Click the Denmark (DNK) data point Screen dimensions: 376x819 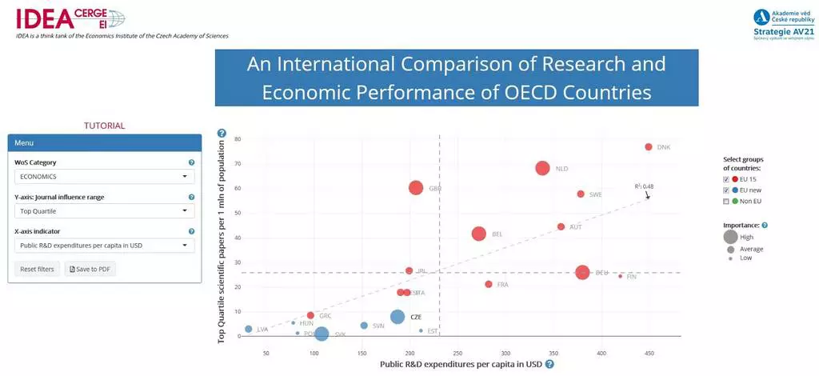(x=649, y=147)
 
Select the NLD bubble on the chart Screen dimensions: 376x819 (x=542, y=168)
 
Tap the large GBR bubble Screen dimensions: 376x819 (x=415, y=188)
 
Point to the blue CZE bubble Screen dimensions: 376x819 (x=398, y=317)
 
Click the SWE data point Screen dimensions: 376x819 (x=581, y=194)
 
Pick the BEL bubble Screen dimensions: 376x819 (x=478, y=234)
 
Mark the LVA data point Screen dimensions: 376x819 (x=249, y=329)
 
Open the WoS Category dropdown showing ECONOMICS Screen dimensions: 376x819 (x=105, y=177)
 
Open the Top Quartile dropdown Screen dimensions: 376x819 (x=105, y=211)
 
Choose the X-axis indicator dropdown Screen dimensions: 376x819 (x=105, y=246)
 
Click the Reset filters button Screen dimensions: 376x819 (x=37, y=269)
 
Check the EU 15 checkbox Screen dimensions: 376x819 (x=726, y=179)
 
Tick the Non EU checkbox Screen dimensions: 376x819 (x=726, y=201)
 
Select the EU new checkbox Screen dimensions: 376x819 (x=726, y=190)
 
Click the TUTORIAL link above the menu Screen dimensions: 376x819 (x=105, y=126)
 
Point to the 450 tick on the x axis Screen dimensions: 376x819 (x=649, y=353)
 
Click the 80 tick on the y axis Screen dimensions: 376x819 (x=238, y=139)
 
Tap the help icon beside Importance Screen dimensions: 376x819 (x=765, y=226)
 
